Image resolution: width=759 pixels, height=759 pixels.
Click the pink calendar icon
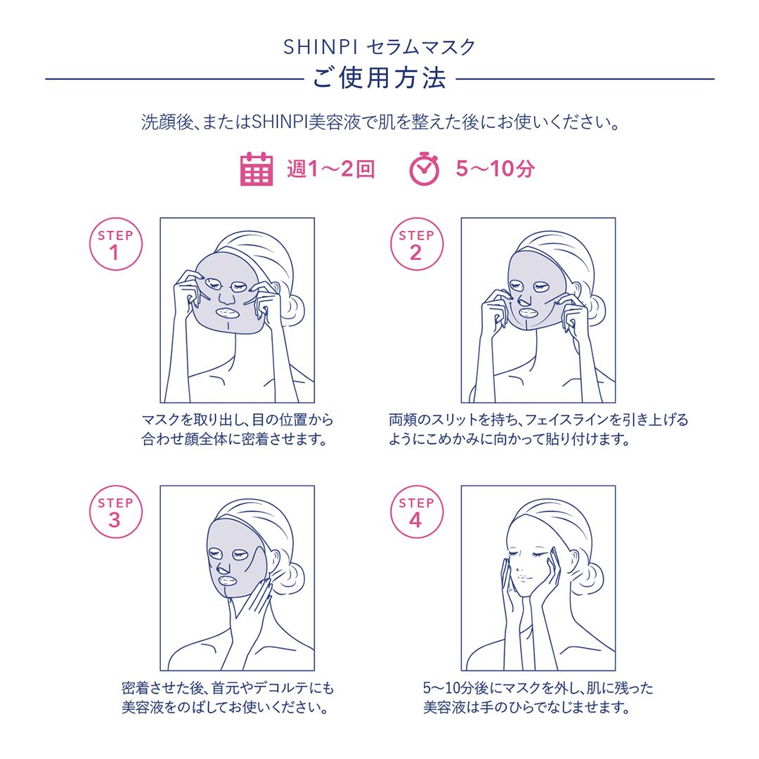[x=257, y=169]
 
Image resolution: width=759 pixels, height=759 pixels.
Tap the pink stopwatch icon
[x=424, y=169]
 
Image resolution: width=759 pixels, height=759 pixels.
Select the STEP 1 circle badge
[x=115, y=245]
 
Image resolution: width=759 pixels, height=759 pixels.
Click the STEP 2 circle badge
[x=416, y=245]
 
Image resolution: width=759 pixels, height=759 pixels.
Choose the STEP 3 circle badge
[x=115, y=512]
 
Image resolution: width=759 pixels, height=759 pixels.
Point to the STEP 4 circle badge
[x=416, y=512]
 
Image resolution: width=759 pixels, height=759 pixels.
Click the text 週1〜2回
[x=330, y=169]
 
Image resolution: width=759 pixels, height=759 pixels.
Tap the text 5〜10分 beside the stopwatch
[x=495, y=169]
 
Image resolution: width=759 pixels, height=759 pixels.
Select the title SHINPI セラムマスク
[x=379, y=47]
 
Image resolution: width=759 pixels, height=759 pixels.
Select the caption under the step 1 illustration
[x=237, y=430]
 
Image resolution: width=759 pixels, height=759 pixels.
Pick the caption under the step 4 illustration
[x=538, y=698]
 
